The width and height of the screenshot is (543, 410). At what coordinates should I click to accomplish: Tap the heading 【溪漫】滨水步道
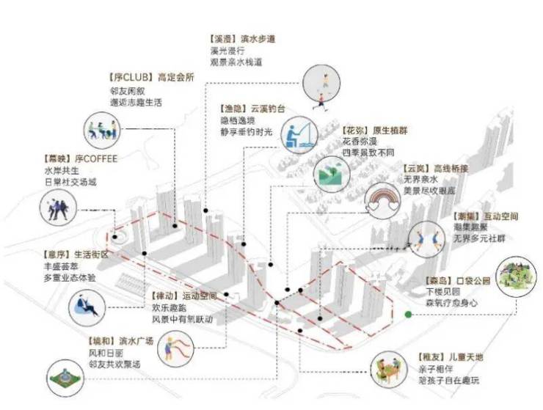[244, 38]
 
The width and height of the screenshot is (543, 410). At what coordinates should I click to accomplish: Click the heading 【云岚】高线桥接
[435, 168]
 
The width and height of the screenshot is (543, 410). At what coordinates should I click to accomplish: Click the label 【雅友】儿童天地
[450, 357]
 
